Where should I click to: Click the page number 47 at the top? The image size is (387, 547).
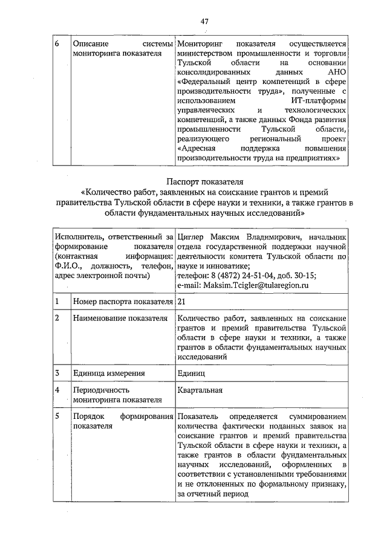pos(203,21)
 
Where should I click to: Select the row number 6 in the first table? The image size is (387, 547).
pos(57,44)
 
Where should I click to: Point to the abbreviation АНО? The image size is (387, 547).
pos(337,81)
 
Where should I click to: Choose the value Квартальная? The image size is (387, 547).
pos(200,390)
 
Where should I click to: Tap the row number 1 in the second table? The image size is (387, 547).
pos(57,301)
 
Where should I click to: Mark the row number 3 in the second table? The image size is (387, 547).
pos(57,373)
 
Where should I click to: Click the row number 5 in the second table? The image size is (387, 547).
pos(57,417)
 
